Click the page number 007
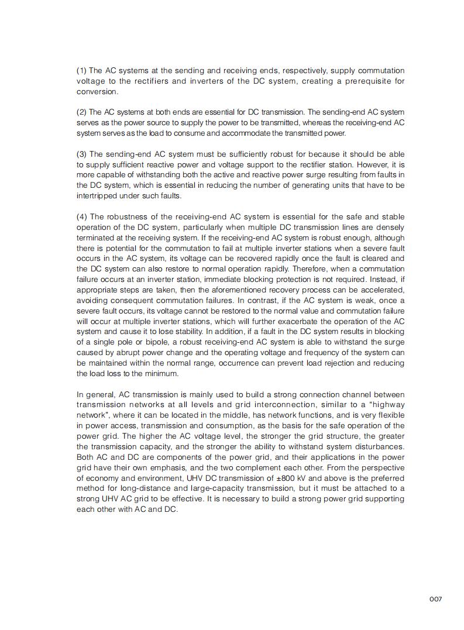[435, 599]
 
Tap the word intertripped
[96, 196]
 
